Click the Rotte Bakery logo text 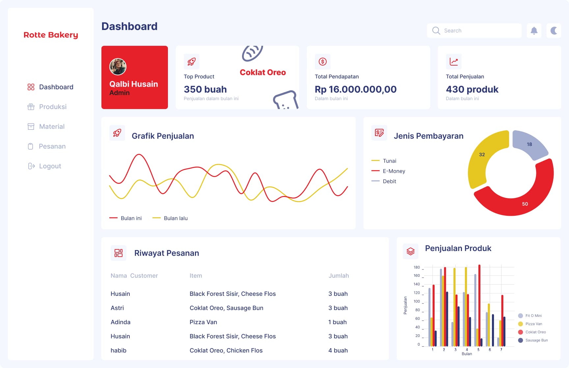pyautogui.click(x=51, y=35)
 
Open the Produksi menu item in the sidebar pyautogui.click(x=52, y=107)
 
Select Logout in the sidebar pyautogui.click(x=50, y=166)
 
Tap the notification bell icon pyautogui.click(x=534, y=31)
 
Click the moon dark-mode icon pyautogui.click(x=554, y=31)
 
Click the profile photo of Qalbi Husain pyautogui.click(x=118, y=67)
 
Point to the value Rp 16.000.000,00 pyautogui.click(x=355, y=89)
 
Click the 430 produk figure pyautogui.click(x=472, y=89)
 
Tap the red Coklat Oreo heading pyautogui.click(x=262, y=72)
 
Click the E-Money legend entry pyautogui.click(x=393, y=171)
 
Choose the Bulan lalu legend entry pyautogui.click(x=175, y=218)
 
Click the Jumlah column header pyautogui.click(x=339, y=276)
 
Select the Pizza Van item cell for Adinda pyautogui.click(x=203, y=322)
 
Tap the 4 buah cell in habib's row pyautogui.click(x=338, y=351)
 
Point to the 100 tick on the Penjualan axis pyautogui.click(x=417, y=301)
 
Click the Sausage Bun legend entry pyautogui.click(x=536, y=340)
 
